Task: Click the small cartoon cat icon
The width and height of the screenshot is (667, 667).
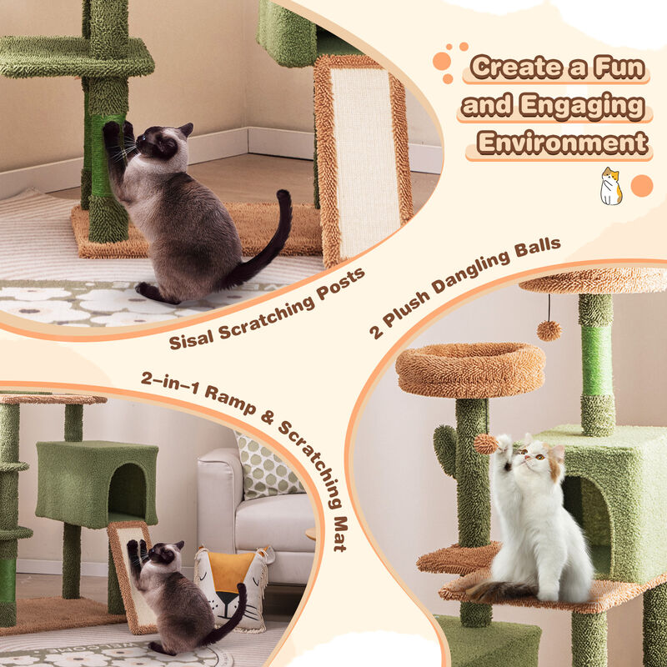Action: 611,186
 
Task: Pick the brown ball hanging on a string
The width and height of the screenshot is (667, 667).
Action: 548,330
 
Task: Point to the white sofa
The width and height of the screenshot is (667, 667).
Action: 250,509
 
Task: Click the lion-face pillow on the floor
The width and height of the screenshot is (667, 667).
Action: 229,584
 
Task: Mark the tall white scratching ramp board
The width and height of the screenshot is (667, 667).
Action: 363,158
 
